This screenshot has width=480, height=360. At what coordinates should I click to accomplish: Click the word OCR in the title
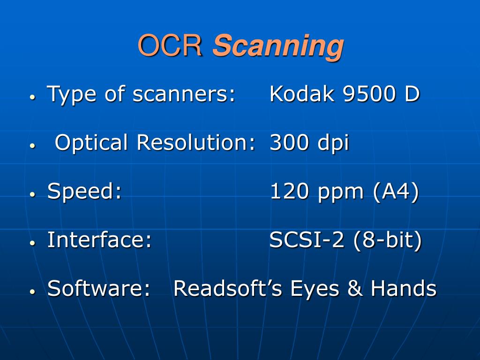pyautogui.click(x=170, y=45)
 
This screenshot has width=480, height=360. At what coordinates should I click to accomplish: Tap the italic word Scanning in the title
pyautogui.click(x=278, y=47)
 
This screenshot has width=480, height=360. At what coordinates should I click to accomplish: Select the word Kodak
pyautogui.click(x=301, y=93)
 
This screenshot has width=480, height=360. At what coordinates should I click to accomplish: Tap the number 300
pyautogui.click(x=289, y=142)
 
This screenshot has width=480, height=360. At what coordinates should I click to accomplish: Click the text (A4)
pyautogui.click(x=396, y=192)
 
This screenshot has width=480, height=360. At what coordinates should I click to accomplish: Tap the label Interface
pyautogui.click(x=99, y=240)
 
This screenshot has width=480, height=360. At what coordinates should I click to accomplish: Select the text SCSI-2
pyautogui.click(x=307, y=240)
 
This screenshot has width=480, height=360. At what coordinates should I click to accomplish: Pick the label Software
pyautogui.click(x=98, y=288)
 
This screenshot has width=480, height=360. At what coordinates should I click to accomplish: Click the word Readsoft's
pyautogui.click(x=227, y=288)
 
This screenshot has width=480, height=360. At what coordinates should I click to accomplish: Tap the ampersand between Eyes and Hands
pyautogui.click(x=355, y=288)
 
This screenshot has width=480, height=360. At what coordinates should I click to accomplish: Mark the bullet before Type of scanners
pyautogui.click(x=32, y=97)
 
